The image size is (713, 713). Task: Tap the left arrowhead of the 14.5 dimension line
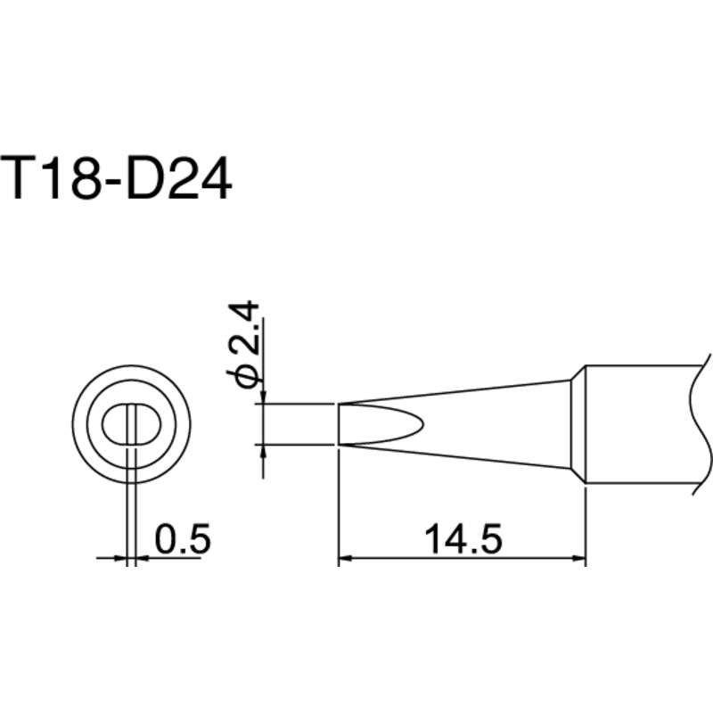tap(345, 560)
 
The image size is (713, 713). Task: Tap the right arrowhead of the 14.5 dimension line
tap(578, 560)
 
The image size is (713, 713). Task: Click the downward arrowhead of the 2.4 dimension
tap(263, 397)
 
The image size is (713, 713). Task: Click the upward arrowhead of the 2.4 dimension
tap(263, 451)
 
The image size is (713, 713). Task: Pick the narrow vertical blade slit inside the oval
tap(131, 424)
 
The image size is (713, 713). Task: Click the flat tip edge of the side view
tap(339, 424)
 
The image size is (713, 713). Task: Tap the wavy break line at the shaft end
tap(693, 424)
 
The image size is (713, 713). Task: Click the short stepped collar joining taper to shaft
tap(577, 424)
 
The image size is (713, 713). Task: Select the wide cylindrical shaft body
tap(637, 424)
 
